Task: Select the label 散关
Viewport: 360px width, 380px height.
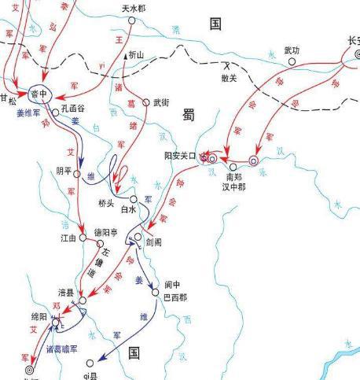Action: [x=230, y=79]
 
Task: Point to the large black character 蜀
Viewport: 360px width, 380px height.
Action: [x=189, y=115]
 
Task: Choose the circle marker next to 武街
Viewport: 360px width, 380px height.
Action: [x=145, y=102]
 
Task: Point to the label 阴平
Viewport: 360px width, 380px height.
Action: [x=64, y=171]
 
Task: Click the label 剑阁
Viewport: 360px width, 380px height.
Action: [x=154, y=241]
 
